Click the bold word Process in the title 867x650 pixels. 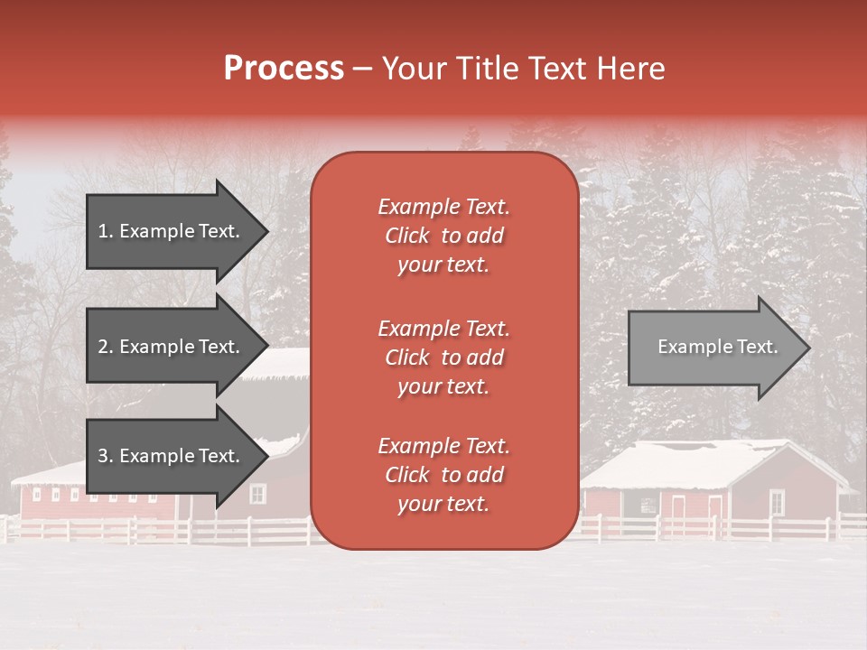(x=284, y=68)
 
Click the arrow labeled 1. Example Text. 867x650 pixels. (x=172, y=231)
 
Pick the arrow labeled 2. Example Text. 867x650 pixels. (x=172, y=347)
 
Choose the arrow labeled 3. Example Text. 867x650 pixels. (x=172, y=456)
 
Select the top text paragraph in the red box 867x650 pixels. (x=443, y=236)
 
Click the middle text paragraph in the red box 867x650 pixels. (x=443, y=357)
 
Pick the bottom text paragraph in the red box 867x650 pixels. (x=443, y=475)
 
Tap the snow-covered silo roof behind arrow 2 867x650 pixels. (x=280, y=363)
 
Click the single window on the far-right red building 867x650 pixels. (x=777, y=501)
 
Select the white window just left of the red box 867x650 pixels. (x=257, y=494)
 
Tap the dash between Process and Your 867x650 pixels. (x=362, y=69)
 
